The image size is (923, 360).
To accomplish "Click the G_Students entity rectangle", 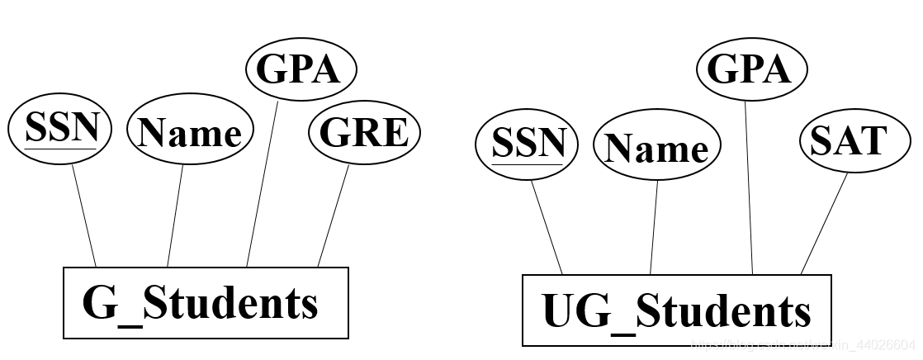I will pyautogui.click(x=206, y=302).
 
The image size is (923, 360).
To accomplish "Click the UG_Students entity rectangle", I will pyautogui.click(x=676, y=310).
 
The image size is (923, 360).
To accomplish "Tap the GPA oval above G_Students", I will pyautogui.click(x=301, y=70).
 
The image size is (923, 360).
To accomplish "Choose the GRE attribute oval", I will pyautogui.click(x=364, y=132).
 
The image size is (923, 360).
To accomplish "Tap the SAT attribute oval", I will pyautogui.click(x=849, y=142).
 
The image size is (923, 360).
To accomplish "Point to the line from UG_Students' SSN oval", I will pyautogui.click(x=547, y=227).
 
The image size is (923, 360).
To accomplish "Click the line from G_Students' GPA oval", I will pyautogui.click(x=262, y=183).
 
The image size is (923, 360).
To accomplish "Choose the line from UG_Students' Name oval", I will pyautogui.click(x=654, y=227).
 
